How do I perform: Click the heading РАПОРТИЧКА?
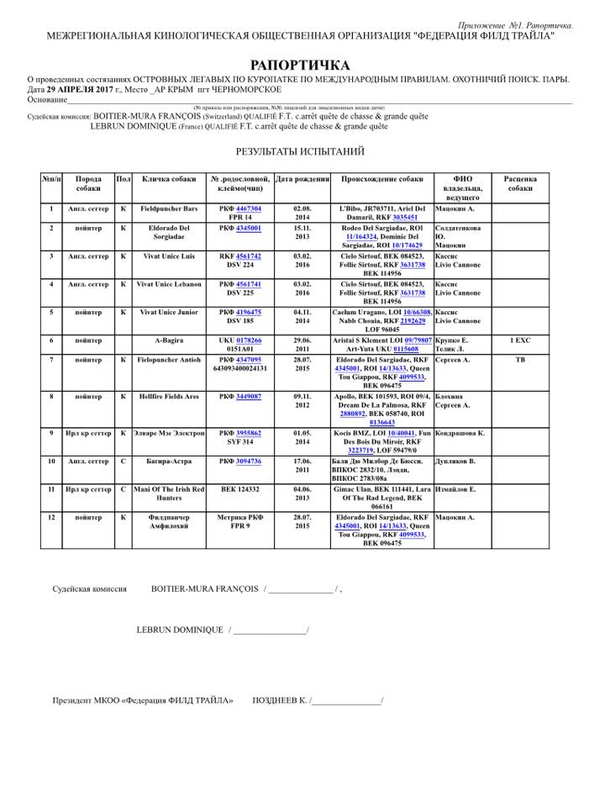click(x=300, y=65)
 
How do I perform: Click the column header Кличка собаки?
click(x=169, y=179)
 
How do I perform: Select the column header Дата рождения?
click(x=302, y=179)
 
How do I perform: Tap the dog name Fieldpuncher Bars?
click(x=169, y=208)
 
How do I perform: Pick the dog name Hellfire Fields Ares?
click(x=169, y=396)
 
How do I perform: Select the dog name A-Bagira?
click(x=169, y=340)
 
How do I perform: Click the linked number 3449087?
click(x=249, y=396)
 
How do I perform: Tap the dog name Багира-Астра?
click(x=169, y=462)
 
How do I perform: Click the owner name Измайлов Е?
click(x=459, y=488)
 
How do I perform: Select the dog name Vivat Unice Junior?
click(x=169, y=312)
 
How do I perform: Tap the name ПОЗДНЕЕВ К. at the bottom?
click(x=280, y=700)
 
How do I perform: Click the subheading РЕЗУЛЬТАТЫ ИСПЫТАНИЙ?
click(x=300, y=151)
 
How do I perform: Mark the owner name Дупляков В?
click(x=457, y=462)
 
